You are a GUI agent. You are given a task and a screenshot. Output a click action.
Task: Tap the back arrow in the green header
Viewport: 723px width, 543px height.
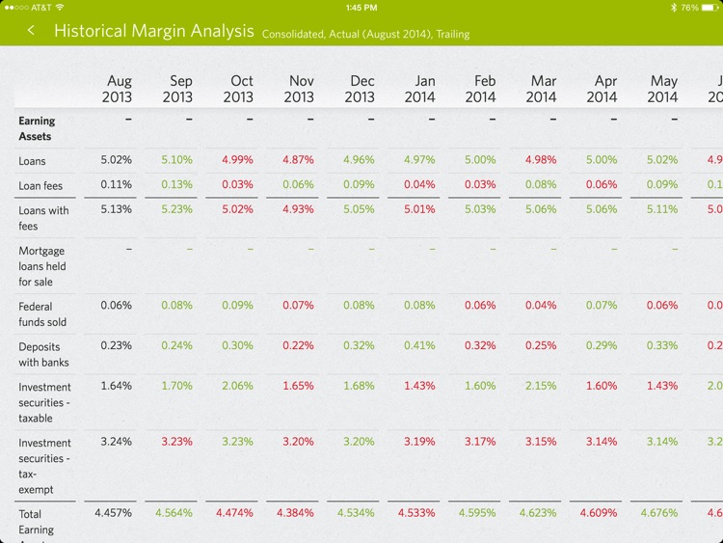[x=31, y=31]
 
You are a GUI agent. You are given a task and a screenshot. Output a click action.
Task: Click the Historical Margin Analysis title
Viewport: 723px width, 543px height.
[x=153, y=31]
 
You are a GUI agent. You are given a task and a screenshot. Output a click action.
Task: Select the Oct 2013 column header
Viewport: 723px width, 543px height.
[x=238, y=89]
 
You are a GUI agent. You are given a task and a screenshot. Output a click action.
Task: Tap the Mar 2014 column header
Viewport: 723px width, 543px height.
[x=541, y=89]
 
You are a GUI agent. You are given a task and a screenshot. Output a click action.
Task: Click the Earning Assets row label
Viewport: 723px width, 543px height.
[x=37, y=128]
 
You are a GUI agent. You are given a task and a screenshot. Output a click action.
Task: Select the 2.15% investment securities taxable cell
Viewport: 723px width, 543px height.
[x=541, y=386]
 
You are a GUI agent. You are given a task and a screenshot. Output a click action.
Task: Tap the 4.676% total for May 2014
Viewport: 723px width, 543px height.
[x=662, y=513]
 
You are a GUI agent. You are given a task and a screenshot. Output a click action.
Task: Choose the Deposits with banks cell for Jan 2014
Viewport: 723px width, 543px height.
[x=419, y=345]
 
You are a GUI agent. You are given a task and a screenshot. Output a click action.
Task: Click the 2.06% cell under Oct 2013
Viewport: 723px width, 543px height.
[x=238, y=386]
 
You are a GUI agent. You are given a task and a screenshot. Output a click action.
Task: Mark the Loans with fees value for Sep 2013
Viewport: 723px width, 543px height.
[x=177, y=209]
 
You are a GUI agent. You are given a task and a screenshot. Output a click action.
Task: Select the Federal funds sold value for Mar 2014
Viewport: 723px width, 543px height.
[x=541, y=306]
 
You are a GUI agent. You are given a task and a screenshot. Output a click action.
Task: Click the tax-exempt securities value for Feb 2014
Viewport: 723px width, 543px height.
[x=480, y=442]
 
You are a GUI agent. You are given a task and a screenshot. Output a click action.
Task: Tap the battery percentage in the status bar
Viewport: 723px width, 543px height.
[x=689, y=7]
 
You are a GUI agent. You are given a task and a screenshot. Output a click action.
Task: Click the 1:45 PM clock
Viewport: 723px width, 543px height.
[x=361, y=7]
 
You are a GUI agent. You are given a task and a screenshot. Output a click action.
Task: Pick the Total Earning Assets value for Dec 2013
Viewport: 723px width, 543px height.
[x=359, y=513]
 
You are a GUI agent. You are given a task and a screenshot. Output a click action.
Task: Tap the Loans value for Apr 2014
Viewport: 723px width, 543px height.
[x=602, y=160]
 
